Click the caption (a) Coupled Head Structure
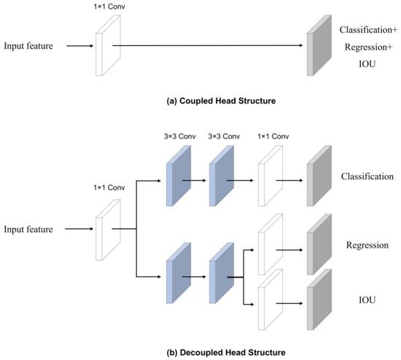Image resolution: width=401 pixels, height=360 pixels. click(x=201, y=100)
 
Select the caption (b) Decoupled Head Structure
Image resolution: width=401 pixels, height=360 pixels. click(x=201, y=353)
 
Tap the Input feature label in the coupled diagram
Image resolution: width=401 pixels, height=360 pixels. click(x=29, y=46)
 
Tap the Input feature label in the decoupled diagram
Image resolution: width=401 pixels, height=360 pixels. click(x=29, y=230)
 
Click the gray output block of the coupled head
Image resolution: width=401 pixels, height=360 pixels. click(x=314, y=47)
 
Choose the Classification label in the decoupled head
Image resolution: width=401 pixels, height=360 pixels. click(x=367, y=177)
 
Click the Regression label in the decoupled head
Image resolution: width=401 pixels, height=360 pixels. click(x=367, y=245)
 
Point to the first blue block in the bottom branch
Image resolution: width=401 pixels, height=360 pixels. click(x=178, y=277)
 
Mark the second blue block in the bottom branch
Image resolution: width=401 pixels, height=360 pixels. click(x=219, y=277)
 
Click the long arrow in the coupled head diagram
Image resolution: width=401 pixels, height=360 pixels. click(x=208, y=47)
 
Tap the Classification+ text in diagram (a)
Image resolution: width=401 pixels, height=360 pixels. click(x=369, y=30)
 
